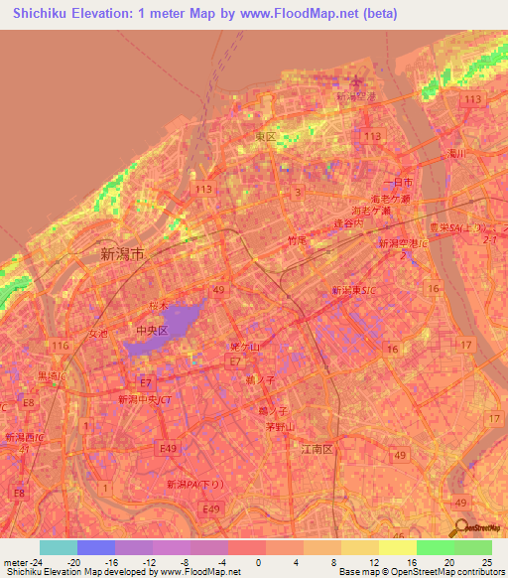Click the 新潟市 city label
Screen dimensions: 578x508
click(122, 254)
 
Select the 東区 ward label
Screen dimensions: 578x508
click(265, 137)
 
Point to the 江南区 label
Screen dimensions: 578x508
click(320, 449)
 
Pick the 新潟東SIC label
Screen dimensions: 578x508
click(352, 288)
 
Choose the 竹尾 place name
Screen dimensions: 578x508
click(296, 240)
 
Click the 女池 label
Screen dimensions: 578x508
click(98, 334)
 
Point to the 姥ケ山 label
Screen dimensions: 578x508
click(244, 347)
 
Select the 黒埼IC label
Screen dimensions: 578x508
click(52, 376)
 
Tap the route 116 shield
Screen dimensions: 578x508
click(60, 345)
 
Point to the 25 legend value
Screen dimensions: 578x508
click(487, 562)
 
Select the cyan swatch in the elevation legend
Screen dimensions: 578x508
click(58, 547)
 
